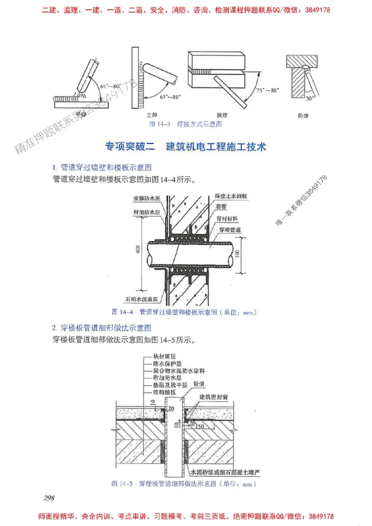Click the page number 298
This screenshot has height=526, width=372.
49,498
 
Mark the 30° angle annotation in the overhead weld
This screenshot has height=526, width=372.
310,98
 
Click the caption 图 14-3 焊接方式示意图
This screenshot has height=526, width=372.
185,124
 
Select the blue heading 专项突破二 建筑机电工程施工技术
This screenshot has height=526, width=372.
186,147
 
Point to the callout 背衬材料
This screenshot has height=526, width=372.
227,217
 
